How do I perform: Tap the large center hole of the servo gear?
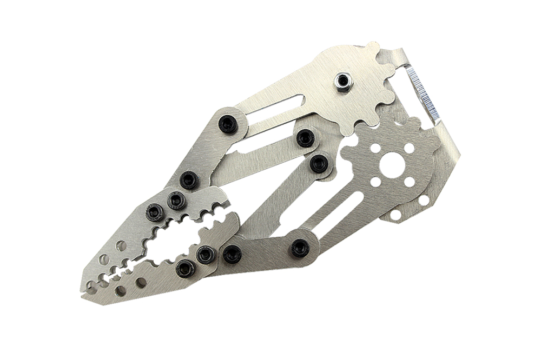[x=392, y=164]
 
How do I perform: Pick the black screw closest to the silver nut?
[x=306, y=138]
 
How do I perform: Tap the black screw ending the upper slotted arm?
[x=228, y=124]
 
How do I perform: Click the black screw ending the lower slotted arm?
[x=300, y=248]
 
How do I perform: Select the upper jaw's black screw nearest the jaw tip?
[x=155, y=212]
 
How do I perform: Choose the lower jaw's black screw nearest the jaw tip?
[x=185, y=268]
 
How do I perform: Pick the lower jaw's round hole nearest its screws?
[x=141, y=282]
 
